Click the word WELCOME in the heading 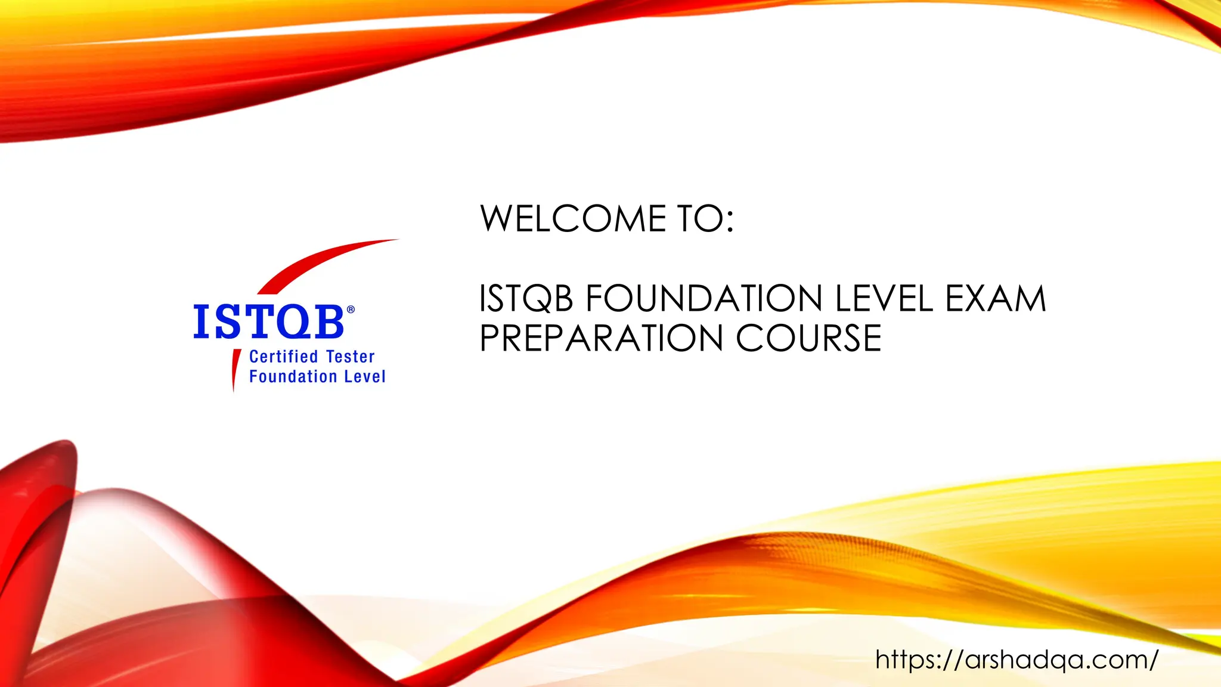(x=573, y=219)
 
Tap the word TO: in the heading (x=705, y=219)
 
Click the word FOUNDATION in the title (x=704, y=299)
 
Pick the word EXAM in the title (x=996, y=299)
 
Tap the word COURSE (x=808, y=339)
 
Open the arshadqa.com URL (x=1017, y=660)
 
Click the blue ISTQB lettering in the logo (x=268, y=323)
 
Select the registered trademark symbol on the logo (x=351, y=310)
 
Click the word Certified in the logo (x=283, y=357)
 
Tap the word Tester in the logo (x=351, y=357)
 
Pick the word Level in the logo (x=365, y=377)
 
